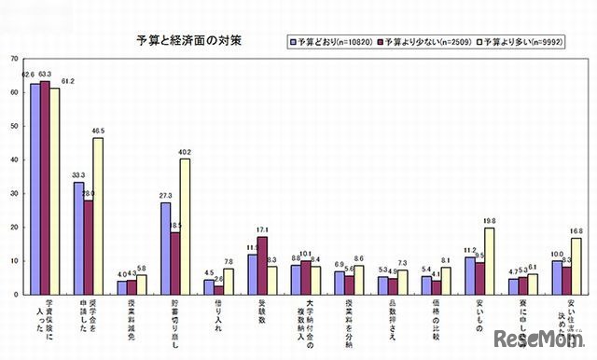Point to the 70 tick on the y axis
click(15, 59)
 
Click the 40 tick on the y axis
click(15, 159)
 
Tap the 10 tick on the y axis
click(15, 260)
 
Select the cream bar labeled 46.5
click(98, 215)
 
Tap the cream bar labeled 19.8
click(489, 261)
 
